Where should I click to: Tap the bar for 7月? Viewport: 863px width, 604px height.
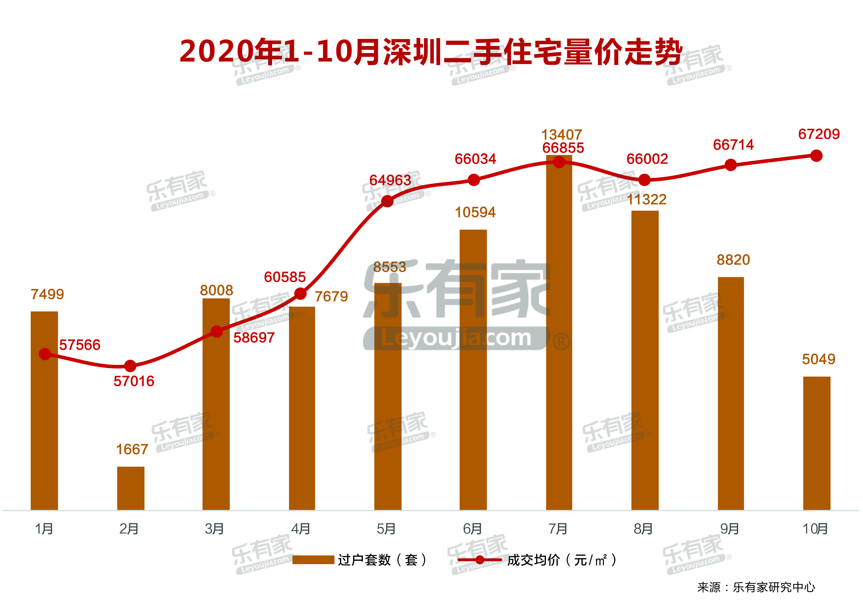click(x=559, y=338)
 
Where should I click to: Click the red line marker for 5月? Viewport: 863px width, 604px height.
click(x=387, y=202)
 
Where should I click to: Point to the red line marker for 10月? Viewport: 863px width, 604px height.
click(x=816, y=156)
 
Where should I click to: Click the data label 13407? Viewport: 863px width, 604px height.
click(x=562, y=135)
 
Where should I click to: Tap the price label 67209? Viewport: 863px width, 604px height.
click(x=819, y=134)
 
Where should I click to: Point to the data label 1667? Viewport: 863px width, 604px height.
click(x=132, y=449)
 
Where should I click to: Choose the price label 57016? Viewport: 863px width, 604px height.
click(x=134, y=381)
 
